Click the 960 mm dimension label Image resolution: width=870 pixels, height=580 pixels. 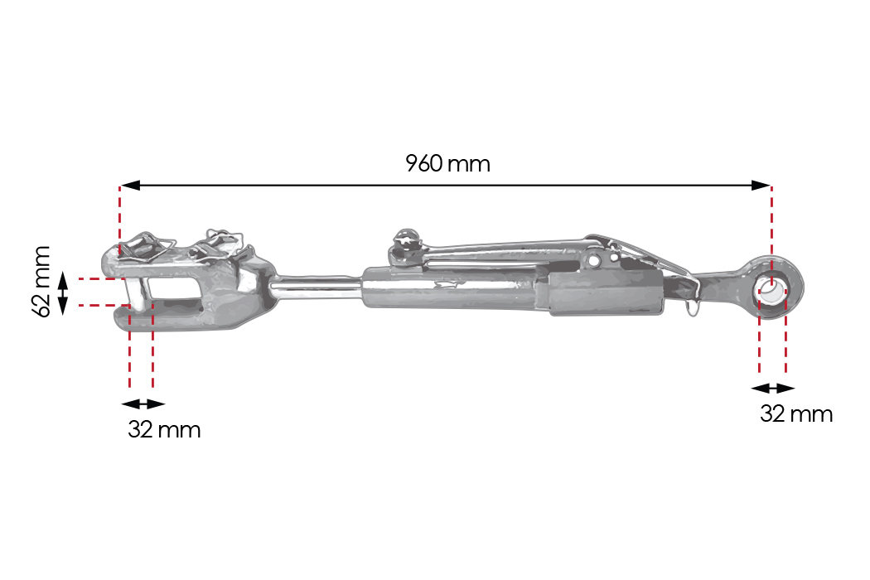click(x=447, y=164)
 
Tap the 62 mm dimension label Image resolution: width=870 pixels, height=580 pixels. click(x=42, y=282)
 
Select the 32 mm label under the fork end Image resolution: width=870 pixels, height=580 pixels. click(x=164, y=429)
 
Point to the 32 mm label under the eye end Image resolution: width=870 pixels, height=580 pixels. click(x=796, y=414)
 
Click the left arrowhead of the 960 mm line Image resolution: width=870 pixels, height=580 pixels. click(x=130, y=185)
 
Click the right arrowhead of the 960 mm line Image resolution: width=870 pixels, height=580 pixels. click(x=761, y=185)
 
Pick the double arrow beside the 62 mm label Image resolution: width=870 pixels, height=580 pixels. click(x=63, y=292)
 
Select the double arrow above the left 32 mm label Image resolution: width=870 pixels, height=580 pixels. click(x=143, y=404)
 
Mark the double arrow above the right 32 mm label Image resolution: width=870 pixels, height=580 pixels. click(x=773, y=388)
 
